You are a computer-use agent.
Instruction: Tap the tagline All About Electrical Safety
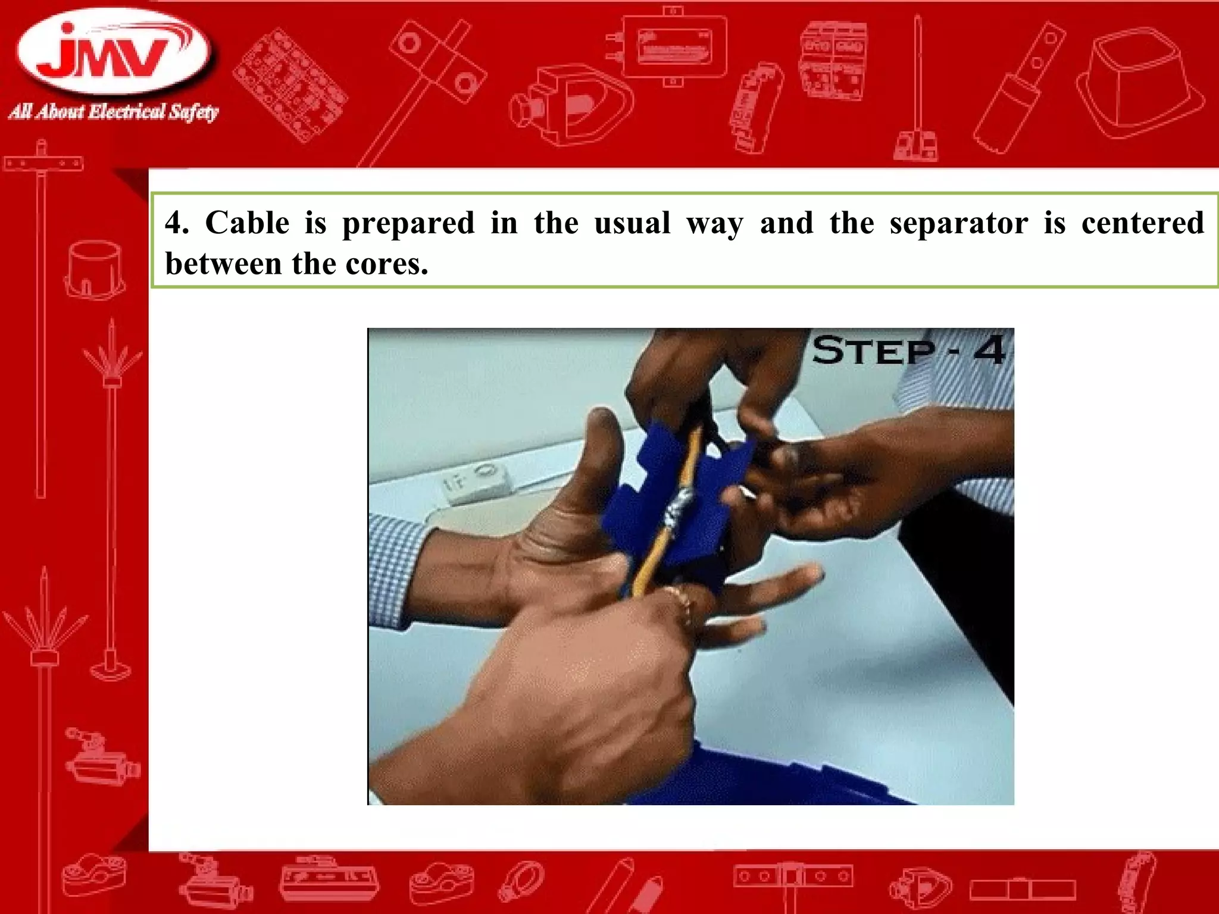[x=113, y=112]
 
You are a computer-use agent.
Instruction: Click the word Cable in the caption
[x=247, y=223]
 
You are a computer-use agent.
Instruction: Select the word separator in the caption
[x=958, y=223]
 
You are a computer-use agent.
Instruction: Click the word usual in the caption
[x=632, y=223]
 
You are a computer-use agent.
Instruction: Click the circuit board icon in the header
[x=290, y=83]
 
